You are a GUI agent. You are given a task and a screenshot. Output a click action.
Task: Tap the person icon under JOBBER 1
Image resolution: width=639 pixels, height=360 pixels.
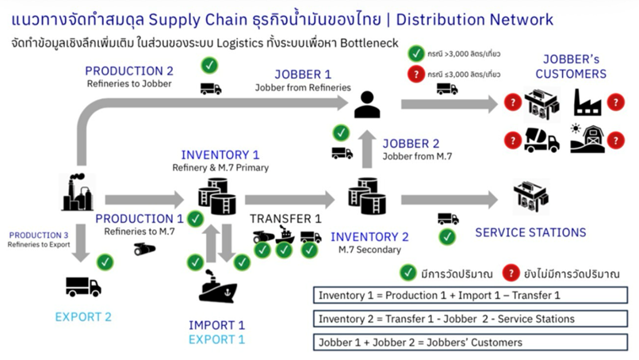[x=367, y=104]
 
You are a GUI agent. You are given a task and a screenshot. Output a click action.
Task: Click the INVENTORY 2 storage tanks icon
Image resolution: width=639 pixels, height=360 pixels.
[x=367, y=195]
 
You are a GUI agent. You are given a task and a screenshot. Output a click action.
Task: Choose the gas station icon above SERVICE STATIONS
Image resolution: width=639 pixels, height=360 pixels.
[x=530, y=196]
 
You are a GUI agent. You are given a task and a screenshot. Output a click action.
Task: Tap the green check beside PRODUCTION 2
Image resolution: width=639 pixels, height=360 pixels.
[x=210, y=65]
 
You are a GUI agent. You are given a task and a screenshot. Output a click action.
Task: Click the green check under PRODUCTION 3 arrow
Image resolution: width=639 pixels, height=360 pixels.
[x=105, y=261]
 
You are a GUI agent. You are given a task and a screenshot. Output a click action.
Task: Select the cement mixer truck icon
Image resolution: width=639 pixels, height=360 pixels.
[x=541, y=140]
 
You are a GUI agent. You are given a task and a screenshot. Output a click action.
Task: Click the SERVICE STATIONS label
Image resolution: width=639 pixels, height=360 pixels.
[x=530, y=232]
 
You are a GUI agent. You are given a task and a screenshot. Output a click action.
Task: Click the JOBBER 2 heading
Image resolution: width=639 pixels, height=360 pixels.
[x=411, y=144]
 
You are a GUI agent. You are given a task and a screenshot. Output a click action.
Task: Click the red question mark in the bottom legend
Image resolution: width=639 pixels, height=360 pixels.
[x=511, y=273]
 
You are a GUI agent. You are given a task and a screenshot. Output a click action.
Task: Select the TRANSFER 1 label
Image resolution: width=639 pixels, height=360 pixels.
[x=285, y=219]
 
